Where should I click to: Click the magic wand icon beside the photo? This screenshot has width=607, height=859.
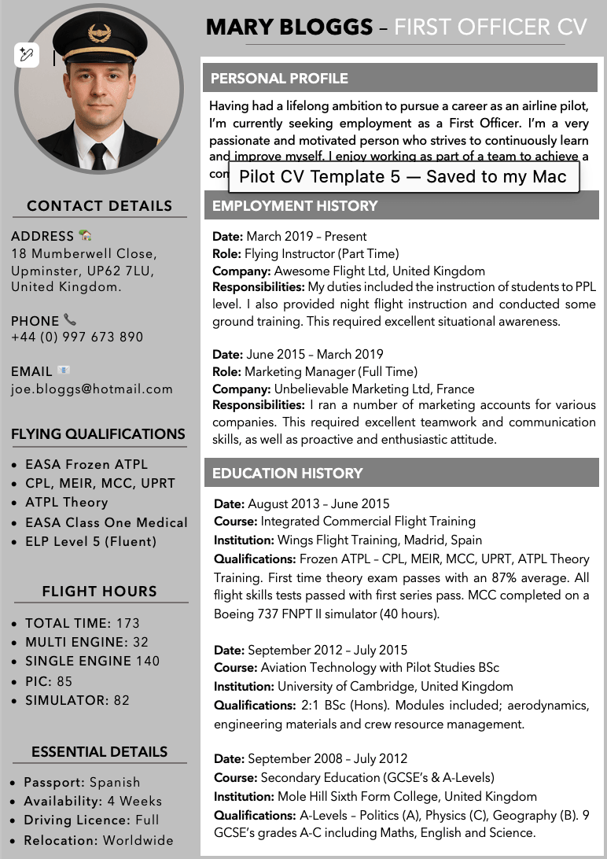click(x=26, y=55)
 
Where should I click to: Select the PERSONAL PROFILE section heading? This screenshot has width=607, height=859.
click(x=279, y=79)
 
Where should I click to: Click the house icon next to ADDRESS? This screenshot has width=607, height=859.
click(x=85, y=235)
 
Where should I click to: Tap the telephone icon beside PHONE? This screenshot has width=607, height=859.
click(x=70, y=320)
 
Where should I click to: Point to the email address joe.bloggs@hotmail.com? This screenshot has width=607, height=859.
click(x=91, y=389)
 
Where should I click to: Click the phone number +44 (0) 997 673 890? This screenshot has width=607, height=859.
click(x=77, y=337)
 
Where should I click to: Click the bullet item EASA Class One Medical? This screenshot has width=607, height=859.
click(x=106, y=522)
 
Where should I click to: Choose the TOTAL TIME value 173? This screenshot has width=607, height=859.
click(x=127, y=623)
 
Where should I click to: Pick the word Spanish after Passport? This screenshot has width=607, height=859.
click(x=115, y=782)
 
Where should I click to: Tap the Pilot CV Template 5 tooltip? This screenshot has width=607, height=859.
click(x=403, y=177)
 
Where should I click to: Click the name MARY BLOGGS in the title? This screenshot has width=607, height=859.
click(x=289, y=28)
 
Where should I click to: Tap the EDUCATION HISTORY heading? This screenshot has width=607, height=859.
click(x=288, y=474)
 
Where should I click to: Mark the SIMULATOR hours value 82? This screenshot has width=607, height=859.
click(x=121, y=700)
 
